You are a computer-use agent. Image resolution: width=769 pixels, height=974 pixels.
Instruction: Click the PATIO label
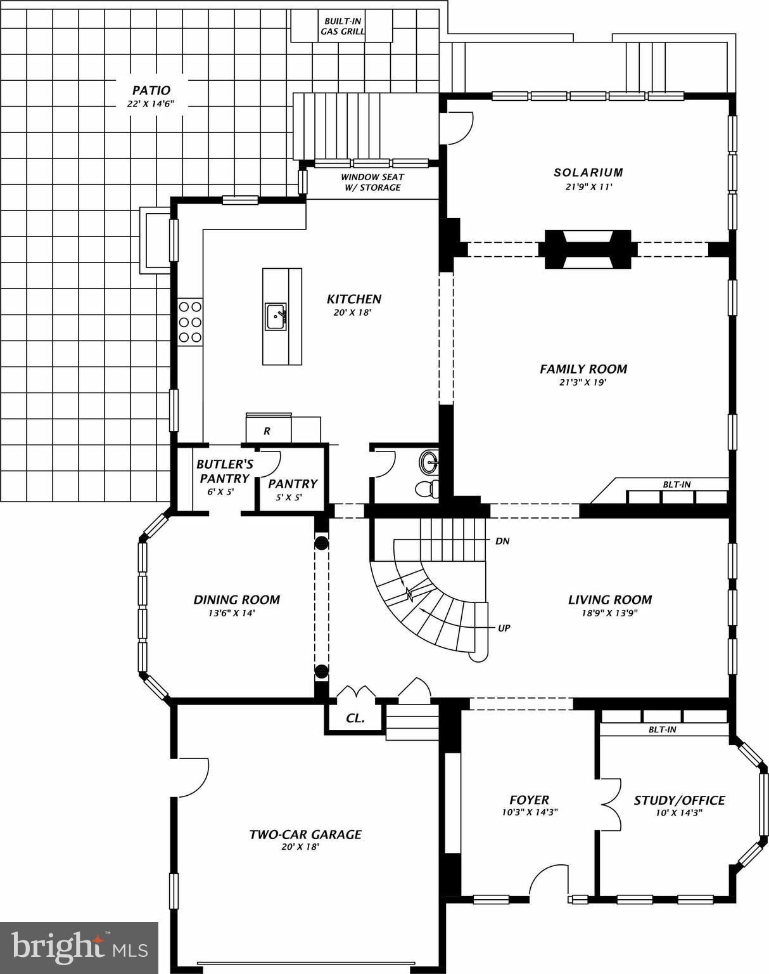click(x=151, y=91)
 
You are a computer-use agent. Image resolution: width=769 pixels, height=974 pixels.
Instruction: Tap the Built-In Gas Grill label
click(x=343, y=26)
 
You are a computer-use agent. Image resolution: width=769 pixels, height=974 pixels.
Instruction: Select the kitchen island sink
click(x=276, y=316)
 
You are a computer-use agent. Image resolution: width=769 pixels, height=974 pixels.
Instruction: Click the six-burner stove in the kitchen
click(x=190, y=321)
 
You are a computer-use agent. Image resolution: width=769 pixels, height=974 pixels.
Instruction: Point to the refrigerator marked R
click(x=267, y=431)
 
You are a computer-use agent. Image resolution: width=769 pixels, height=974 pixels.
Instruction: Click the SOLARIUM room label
click(x=588, y=172)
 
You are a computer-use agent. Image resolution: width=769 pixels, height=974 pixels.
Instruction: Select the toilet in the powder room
click(x=426, y=488)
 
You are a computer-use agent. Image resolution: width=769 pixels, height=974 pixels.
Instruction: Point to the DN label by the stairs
click(x=502, y=542)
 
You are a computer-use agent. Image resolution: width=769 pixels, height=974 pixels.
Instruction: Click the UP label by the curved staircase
click(x=504, y=628)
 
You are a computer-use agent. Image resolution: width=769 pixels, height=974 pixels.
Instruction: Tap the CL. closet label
click(x=355, y=718)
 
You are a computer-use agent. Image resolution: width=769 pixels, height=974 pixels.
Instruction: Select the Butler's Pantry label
click(x=224, y=471)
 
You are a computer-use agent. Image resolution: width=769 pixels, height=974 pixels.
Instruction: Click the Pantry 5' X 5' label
click(x=292, y=489)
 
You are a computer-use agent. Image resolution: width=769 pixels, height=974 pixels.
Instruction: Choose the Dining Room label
click(x=236, y=600)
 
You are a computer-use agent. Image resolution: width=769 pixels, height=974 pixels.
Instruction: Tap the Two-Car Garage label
click(x=305, y=834)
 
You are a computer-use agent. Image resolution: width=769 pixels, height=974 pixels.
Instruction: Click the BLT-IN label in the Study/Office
click(x=662, y=730)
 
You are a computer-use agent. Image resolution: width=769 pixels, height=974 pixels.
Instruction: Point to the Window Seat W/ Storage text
click(x=372, y=182)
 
